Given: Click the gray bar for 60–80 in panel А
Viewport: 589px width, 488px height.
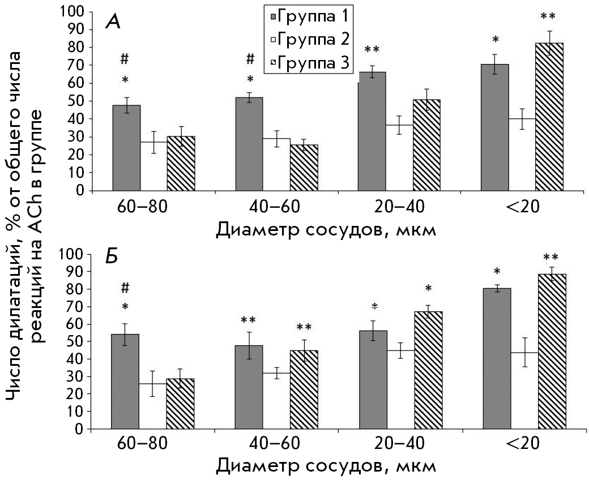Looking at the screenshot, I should (x=126, y=148).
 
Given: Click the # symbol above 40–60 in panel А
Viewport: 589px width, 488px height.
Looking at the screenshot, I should (x=250, y=58).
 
